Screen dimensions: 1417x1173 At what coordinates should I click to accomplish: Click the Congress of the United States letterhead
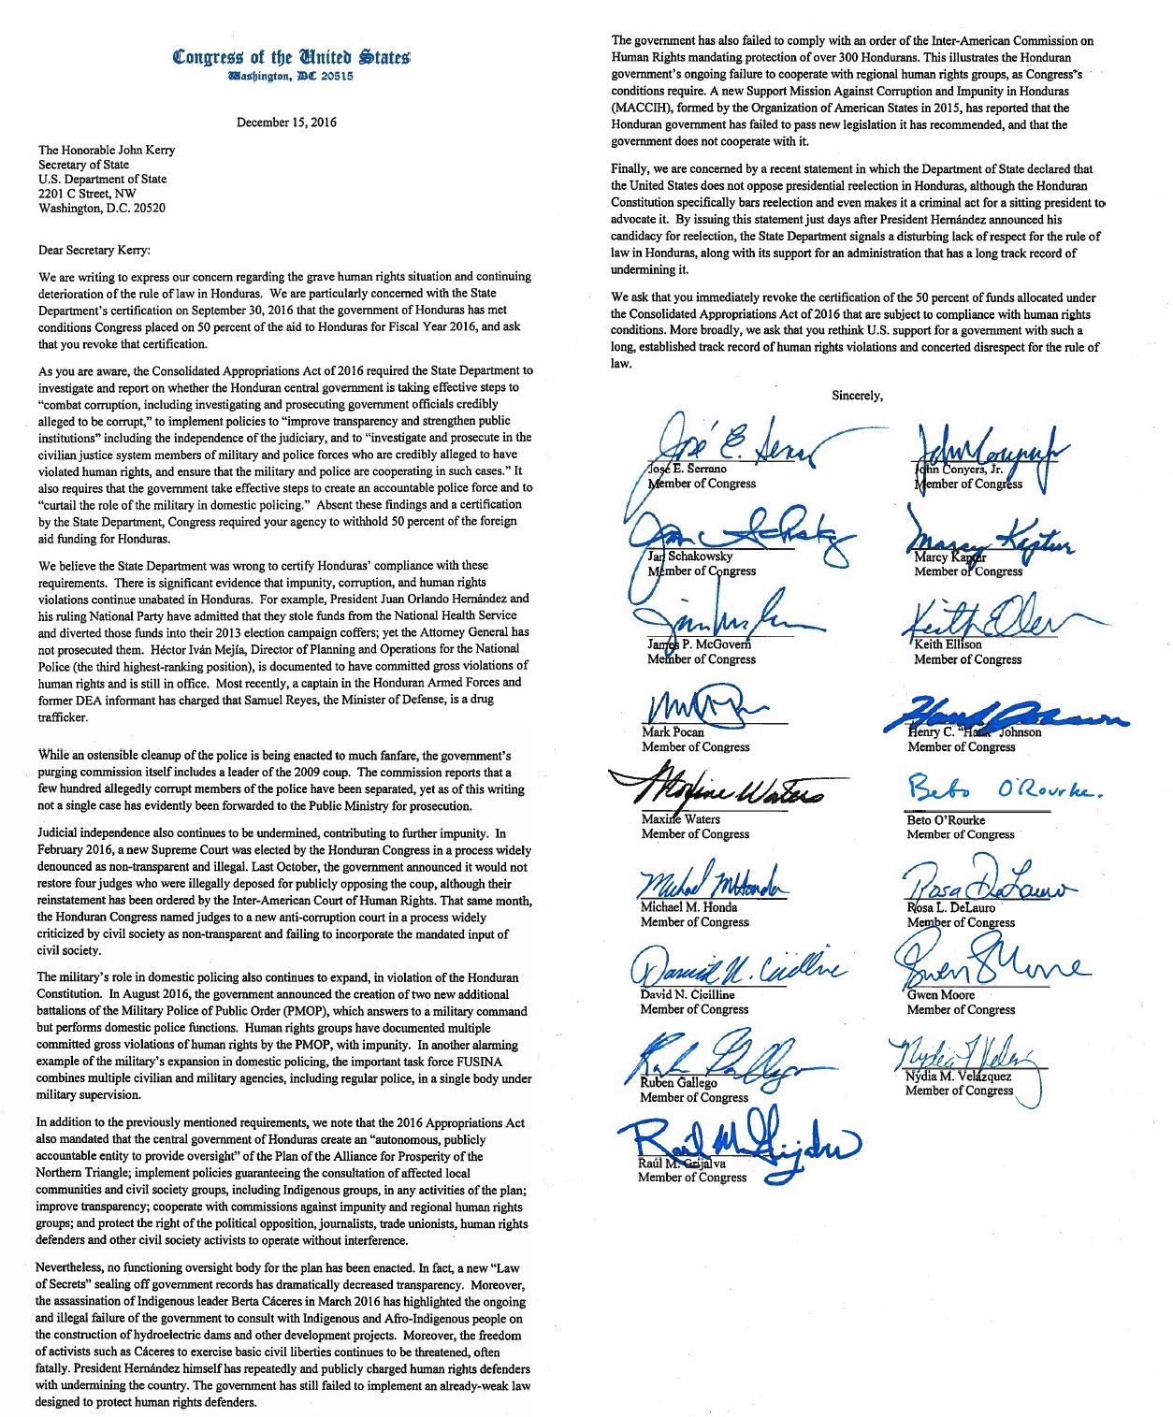point(291,57)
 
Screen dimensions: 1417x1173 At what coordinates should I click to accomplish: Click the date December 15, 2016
point(286,123)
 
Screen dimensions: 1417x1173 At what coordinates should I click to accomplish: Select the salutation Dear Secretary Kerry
point(94,250)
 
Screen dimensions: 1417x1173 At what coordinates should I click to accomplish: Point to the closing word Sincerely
point(857,396)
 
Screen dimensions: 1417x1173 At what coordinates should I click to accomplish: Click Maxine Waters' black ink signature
point(720,787)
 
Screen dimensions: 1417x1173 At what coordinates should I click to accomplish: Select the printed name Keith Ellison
point(948,644)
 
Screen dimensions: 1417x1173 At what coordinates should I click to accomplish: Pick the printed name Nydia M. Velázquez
point(958,1076)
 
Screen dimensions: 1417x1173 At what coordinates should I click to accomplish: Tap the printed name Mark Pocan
point(673,732)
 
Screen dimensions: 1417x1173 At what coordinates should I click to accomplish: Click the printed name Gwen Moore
point(940,995)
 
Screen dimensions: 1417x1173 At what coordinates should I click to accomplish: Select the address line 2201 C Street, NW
point(87,194)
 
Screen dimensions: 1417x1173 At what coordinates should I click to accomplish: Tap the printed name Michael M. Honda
point(688,907)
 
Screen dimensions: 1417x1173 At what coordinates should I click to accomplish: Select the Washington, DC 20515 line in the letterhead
point(291,77)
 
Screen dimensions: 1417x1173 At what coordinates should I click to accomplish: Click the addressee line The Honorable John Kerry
point(107,150)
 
